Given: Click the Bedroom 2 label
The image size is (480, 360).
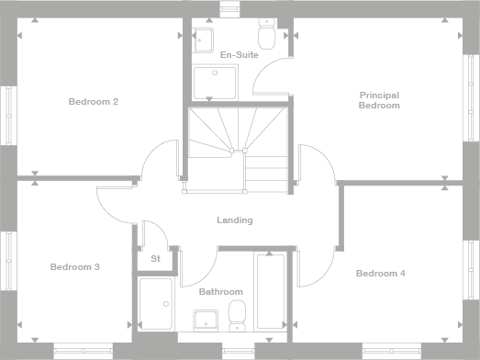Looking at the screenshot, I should pos(93,101).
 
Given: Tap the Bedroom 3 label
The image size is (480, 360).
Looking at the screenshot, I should pos(74,267).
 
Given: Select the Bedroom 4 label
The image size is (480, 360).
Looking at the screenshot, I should pos(380,273).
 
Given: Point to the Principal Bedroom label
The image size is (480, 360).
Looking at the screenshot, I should pos(379,100).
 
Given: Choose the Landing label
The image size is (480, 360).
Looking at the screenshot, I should pos(234,220).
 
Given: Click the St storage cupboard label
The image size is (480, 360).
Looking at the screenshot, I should pos(155,259).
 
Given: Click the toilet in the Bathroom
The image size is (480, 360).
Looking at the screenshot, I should pos(237,313).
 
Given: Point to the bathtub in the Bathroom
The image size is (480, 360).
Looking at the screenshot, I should pos(270,290).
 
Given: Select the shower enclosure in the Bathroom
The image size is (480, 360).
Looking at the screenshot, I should pos(156,302).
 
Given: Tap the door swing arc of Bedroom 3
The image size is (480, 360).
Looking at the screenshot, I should pos(112,203).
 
